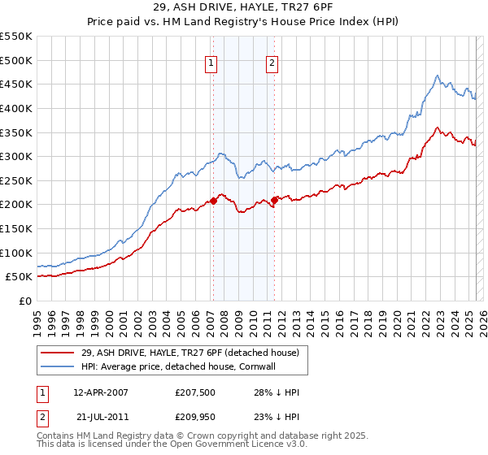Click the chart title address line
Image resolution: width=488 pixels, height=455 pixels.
[x=243, y=6]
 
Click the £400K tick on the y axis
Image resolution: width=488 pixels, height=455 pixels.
[x=16, y=108]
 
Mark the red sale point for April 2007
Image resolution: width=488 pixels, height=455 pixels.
[x=213, y=200]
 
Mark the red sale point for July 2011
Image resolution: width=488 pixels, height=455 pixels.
[x=275, y=199]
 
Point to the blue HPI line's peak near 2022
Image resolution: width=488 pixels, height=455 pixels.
[x=437, y=76]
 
